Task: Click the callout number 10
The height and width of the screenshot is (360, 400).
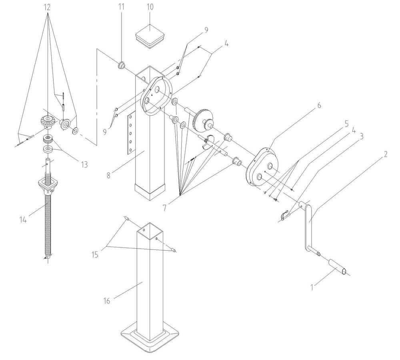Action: click(150, 7)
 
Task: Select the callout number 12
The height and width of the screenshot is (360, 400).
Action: click(47, 7)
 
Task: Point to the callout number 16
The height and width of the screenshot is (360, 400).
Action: click(107, 301)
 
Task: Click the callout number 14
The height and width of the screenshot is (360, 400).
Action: click(23, 219)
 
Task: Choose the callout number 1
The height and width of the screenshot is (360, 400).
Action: click(312, 287)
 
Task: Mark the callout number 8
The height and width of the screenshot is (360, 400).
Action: click(109, 175)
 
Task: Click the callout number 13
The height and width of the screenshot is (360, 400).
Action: click(84, 165)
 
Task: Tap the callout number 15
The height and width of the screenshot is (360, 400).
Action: click(95, 255)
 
